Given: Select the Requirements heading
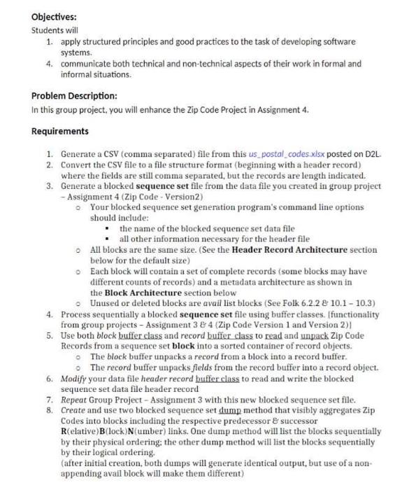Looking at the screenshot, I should tap(61, 131).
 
